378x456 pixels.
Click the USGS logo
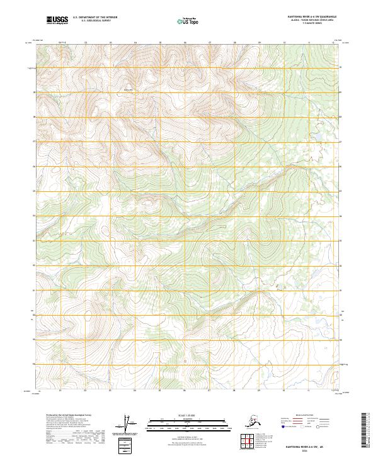(57, 20)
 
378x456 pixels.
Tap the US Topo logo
(189, 21)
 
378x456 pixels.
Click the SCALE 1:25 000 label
(188, 414)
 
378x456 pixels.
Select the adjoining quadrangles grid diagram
(249, 442)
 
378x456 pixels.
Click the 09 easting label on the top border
(259, 43)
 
